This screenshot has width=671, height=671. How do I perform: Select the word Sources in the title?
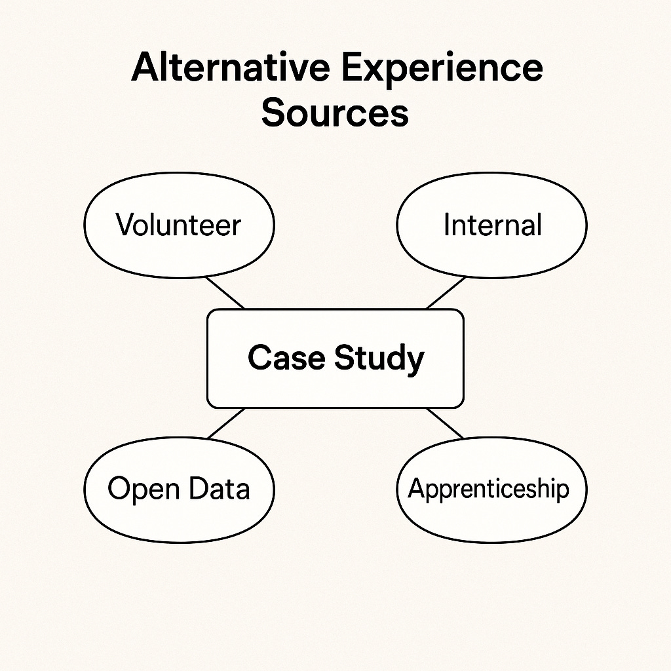pos(335,113)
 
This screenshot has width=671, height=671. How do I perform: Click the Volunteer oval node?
pos(179,225)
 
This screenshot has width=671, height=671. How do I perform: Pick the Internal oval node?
pos(492,225)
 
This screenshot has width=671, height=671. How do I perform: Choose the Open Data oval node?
pos(179,489)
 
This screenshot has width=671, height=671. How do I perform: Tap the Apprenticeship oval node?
pos(492,489)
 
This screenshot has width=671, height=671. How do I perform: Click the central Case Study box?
pos(335,358)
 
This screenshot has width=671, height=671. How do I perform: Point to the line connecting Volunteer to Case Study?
pos(225,292)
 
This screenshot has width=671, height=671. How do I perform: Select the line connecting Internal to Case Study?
pos(446,292)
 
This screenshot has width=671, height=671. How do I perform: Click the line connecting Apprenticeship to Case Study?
pos(445,423)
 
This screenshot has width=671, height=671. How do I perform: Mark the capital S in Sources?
pos(273,113)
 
